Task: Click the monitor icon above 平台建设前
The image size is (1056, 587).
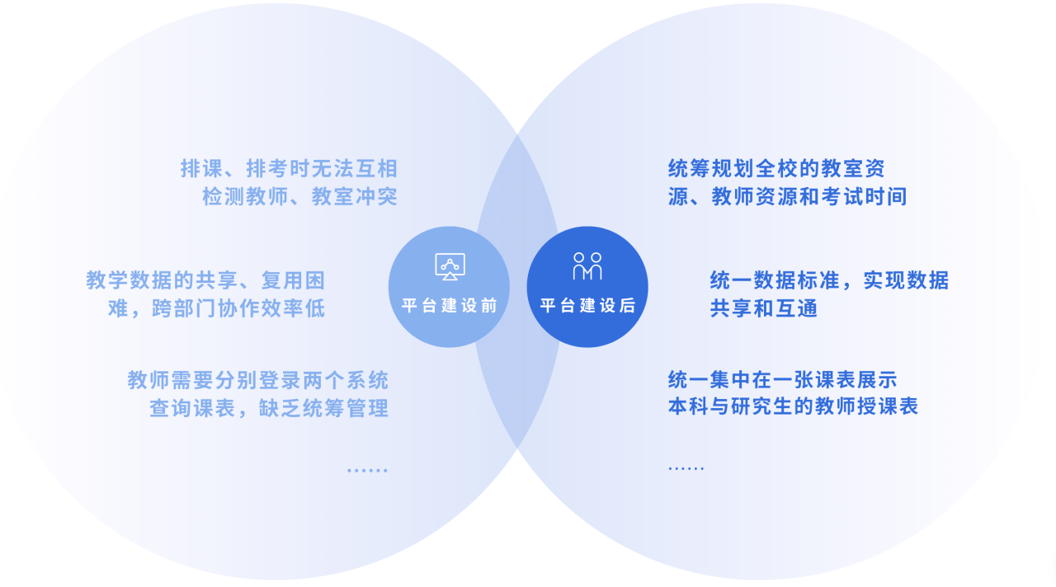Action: [x=450, y=266]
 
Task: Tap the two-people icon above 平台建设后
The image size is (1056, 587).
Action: [x=587, y=266]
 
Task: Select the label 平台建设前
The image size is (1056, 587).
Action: [x=450, y=306]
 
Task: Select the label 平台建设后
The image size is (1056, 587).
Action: [x=587, y=306]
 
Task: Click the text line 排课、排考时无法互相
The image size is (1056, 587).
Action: [x=289, y=169]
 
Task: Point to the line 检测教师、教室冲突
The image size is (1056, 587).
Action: [x=299, y=196]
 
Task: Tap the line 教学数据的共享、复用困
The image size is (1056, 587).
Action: [x=205, y=280]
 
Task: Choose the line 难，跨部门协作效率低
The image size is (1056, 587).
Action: [x=216, y=308]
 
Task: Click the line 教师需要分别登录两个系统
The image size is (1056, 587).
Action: [x=258, y=380]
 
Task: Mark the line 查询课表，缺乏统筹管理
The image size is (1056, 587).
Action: [x=269, y=408]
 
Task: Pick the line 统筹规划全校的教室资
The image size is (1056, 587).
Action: [x=776, y=169]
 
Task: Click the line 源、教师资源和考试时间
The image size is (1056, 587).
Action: [x=787, y=196]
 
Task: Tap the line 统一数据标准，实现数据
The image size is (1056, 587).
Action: [x=829, y=280]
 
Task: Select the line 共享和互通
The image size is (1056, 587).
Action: [x=764, y=308]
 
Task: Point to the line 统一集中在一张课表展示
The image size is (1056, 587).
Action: [x=783, y=380]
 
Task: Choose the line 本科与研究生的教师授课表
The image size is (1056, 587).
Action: [x=793, y=406]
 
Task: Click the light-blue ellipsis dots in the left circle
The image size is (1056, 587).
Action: [x=367, y=470]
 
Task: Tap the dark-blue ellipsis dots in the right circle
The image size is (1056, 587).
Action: [x=686, y=468]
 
